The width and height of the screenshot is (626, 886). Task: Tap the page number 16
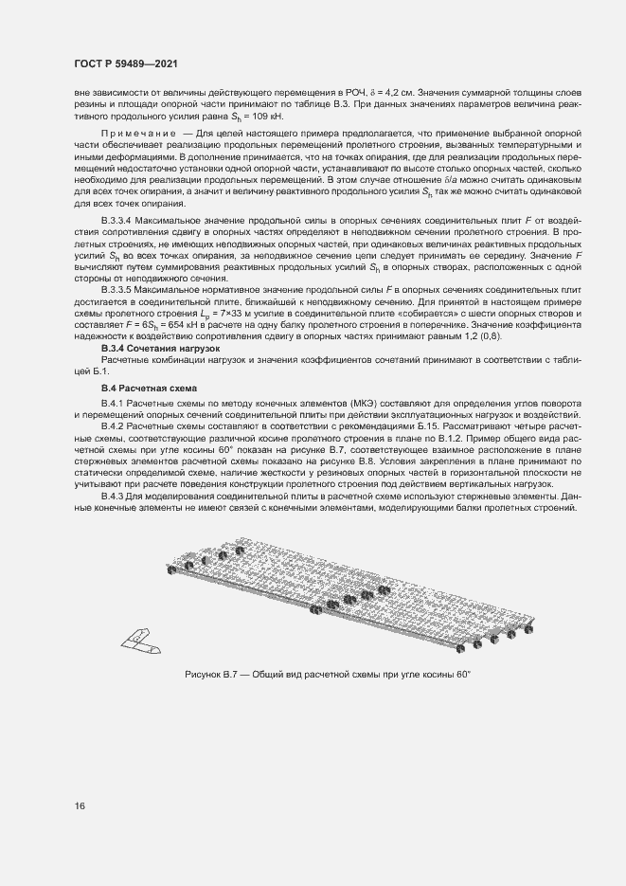click(79, 805)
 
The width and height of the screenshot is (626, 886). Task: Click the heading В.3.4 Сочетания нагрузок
click(159, 349)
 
